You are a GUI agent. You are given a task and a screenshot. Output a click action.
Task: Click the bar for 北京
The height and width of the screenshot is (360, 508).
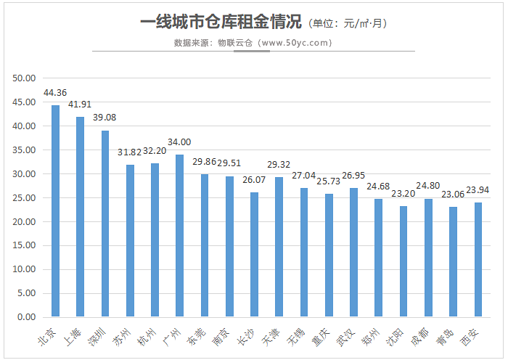click(55, 211)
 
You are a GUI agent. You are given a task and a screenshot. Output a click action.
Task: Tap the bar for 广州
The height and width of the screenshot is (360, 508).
click(179, 236)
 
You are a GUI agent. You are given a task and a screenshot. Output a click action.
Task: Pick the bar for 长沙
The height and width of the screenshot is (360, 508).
click(254, 255)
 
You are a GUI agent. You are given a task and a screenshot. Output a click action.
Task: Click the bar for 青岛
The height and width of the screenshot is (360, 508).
click(454, 262)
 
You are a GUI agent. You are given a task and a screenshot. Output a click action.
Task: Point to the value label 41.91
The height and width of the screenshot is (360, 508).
click(80, 105)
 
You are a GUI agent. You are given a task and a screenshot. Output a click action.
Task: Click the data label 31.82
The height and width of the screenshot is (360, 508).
click(128, 152)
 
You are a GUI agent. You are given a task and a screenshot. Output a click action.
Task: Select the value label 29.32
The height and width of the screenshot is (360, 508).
click(279, 165)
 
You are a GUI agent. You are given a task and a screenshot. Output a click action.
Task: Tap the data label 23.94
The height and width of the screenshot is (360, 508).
click(478, 190)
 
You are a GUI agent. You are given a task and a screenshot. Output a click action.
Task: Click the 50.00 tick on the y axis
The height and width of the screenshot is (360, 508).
click(25, 78)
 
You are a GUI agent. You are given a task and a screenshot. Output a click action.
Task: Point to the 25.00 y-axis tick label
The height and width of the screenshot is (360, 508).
click(25, 197)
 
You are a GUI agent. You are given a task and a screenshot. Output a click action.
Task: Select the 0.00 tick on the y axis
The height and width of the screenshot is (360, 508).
click(28, 317)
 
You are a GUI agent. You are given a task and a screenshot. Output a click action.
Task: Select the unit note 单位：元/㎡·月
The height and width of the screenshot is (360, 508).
click(349, 23)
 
